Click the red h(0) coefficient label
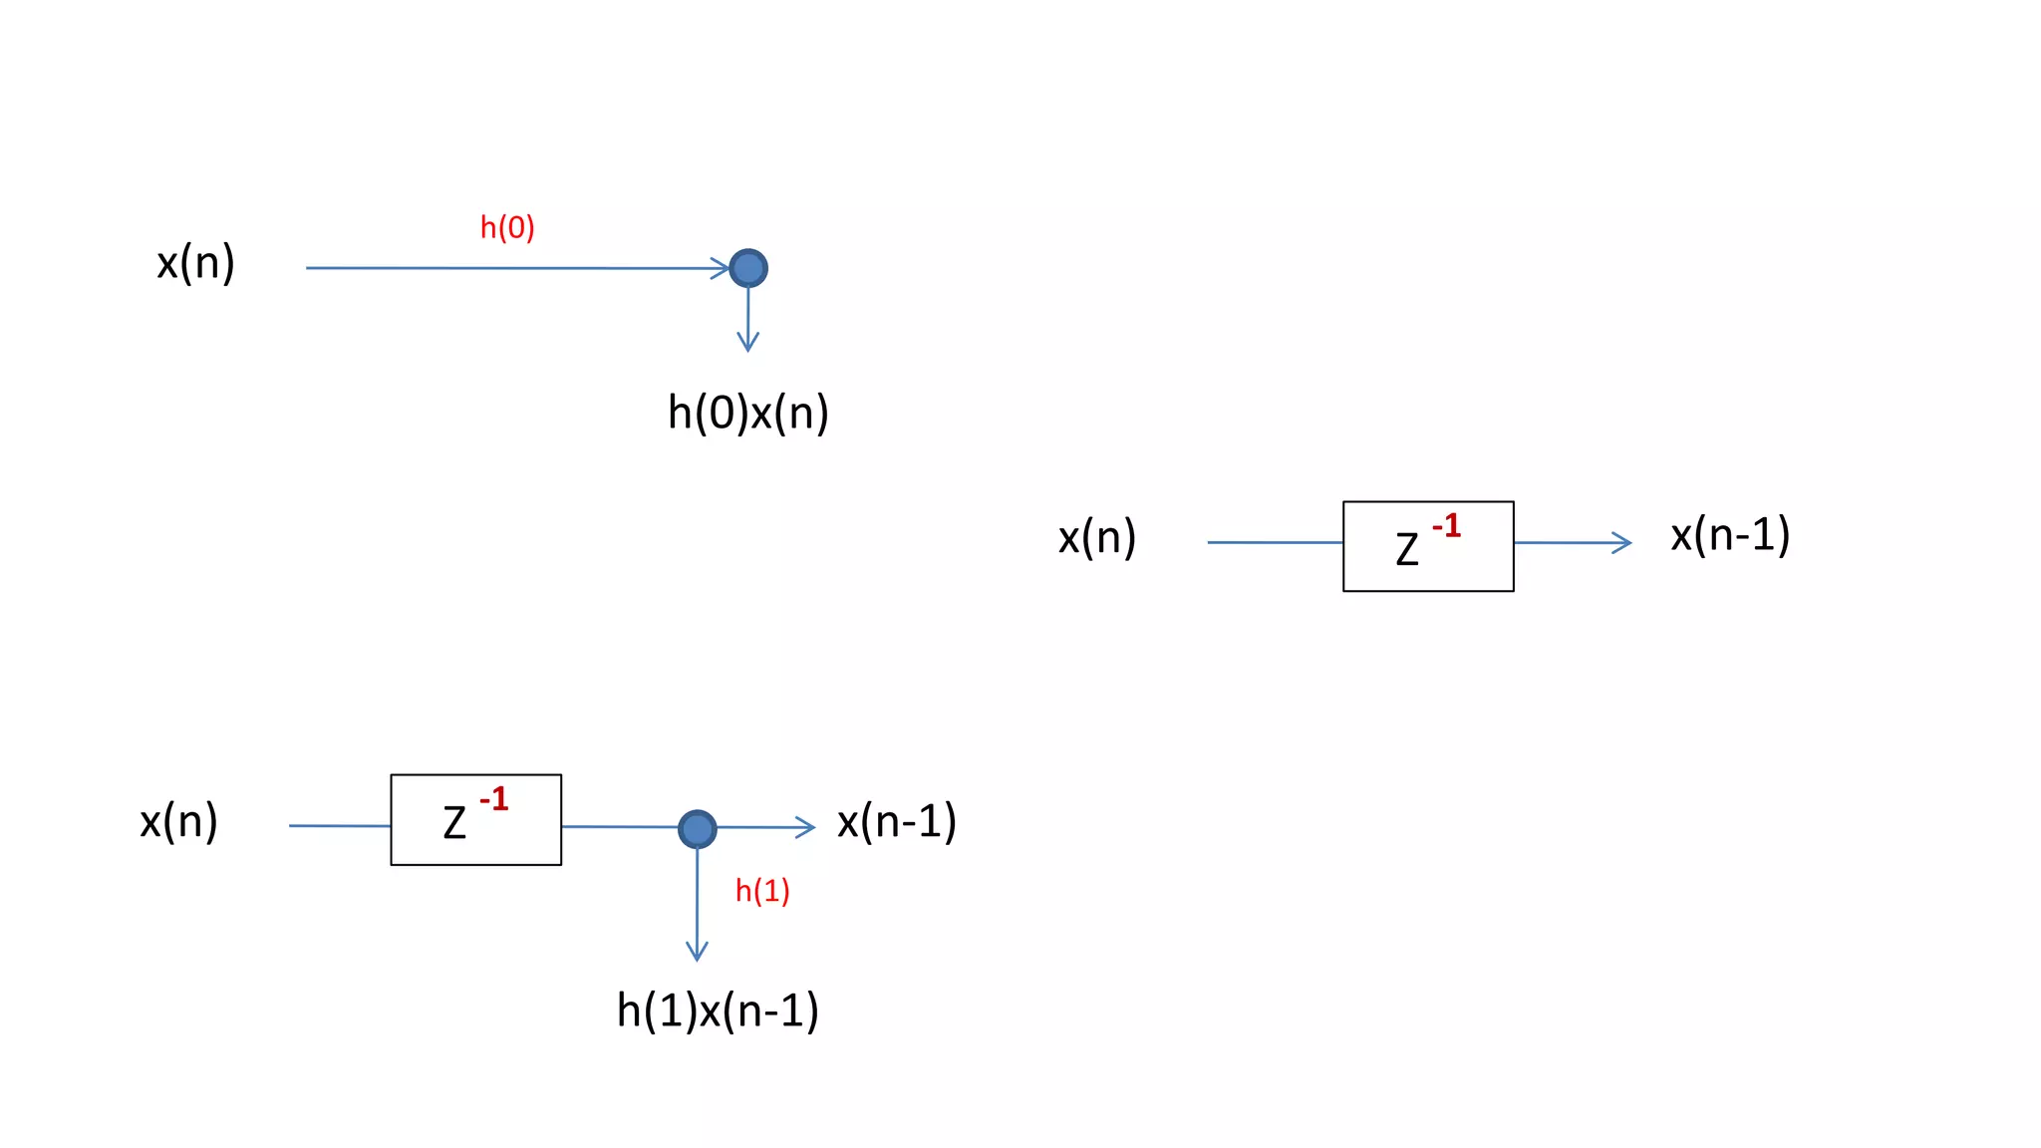click(x=507, y=228)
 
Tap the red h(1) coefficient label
click(x=762, y=891)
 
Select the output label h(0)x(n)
click(x=747, y=413)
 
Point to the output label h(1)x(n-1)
click(x=718, y=1010)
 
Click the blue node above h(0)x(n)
click(x=748, y=268)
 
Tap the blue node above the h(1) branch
click(x=698, y=828)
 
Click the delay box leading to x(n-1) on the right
click(x=1428, y=546)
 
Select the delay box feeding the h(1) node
click(x=475, y=819)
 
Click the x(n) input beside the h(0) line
click(x=195, y=263)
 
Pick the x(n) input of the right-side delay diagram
click(x=1097, y=538)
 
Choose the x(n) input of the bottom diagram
click(x=178, y=822)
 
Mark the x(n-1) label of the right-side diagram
click(x=1730, y=536)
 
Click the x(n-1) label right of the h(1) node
click(x=897, y=822)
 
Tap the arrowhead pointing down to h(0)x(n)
click(x=748, y=343)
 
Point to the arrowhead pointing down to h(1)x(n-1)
click(x=698, y=952)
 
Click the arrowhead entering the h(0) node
click(x=721, y=268)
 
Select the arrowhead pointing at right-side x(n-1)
click(x=1622, y=543)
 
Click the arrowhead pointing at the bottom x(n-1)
click(x=806, y=827)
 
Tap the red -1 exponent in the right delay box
click(x=1446, y=525)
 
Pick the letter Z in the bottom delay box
click(x=454, y=823)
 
